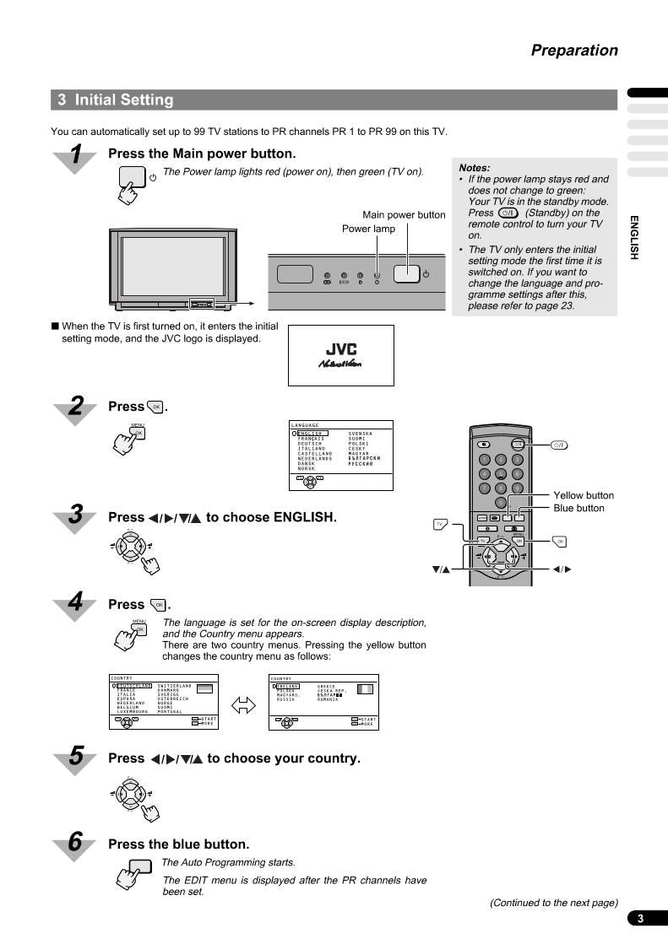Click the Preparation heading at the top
(x=574, y=51)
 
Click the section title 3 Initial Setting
(x=116, y=100)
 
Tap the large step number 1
(x=76, y=156)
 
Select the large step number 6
(x=76, y=841)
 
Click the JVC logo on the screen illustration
(x=341, y=349)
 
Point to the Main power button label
(x=404, y=215)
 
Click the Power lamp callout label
(x=368, y=229)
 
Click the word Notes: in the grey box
(x=475, y=168)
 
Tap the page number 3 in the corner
(x=641, y=919)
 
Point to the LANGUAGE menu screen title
(x=305, y=425)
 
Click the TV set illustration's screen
(x=172, y=266)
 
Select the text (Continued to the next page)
(x=554, y=903)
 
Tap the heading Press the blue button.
(x=179, y=844)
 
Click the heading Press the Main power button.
(x=202, y=154)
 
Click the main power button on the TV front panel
(x=406, y=275)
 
